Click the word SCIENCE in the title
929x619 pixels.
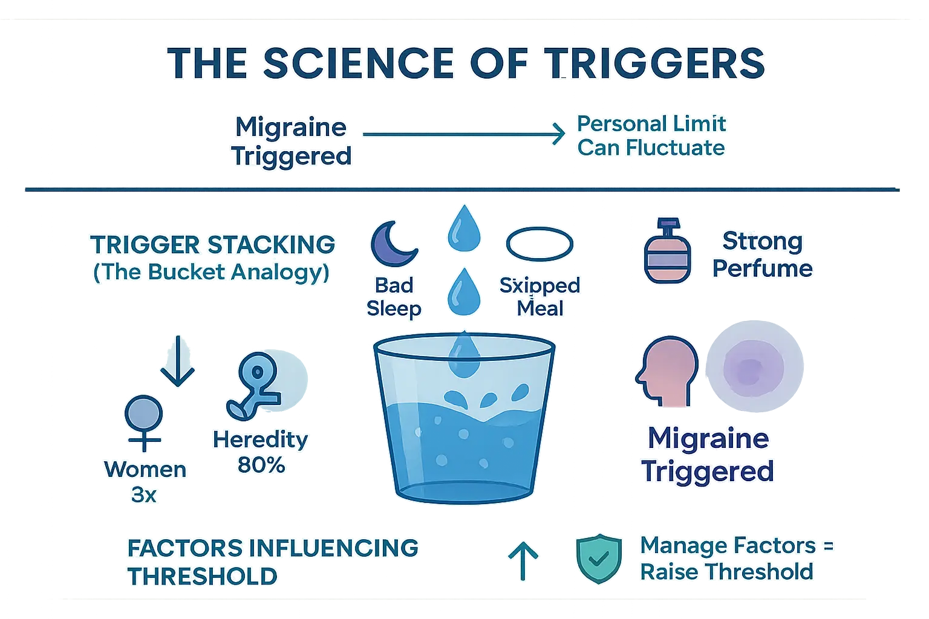358,63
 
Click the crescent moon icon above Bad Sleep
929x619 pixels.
393,244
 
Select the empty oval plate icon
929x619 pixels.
539,245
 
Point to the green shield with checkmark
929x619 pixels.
599,559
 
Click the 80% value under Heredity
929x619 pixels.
261,465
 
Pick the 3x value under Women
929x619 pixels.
144,494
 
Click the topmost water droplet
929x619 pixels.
464,228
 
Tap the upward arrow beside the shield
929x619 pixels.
523,560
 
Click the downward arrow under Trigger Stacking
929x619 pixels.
177,361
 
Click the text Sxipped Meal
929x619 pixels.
539,297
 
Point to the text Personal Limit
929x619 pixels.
651,124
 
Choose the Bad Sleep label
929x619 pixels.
394,297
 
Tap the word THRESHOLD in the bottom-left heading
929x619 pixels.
203,577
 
